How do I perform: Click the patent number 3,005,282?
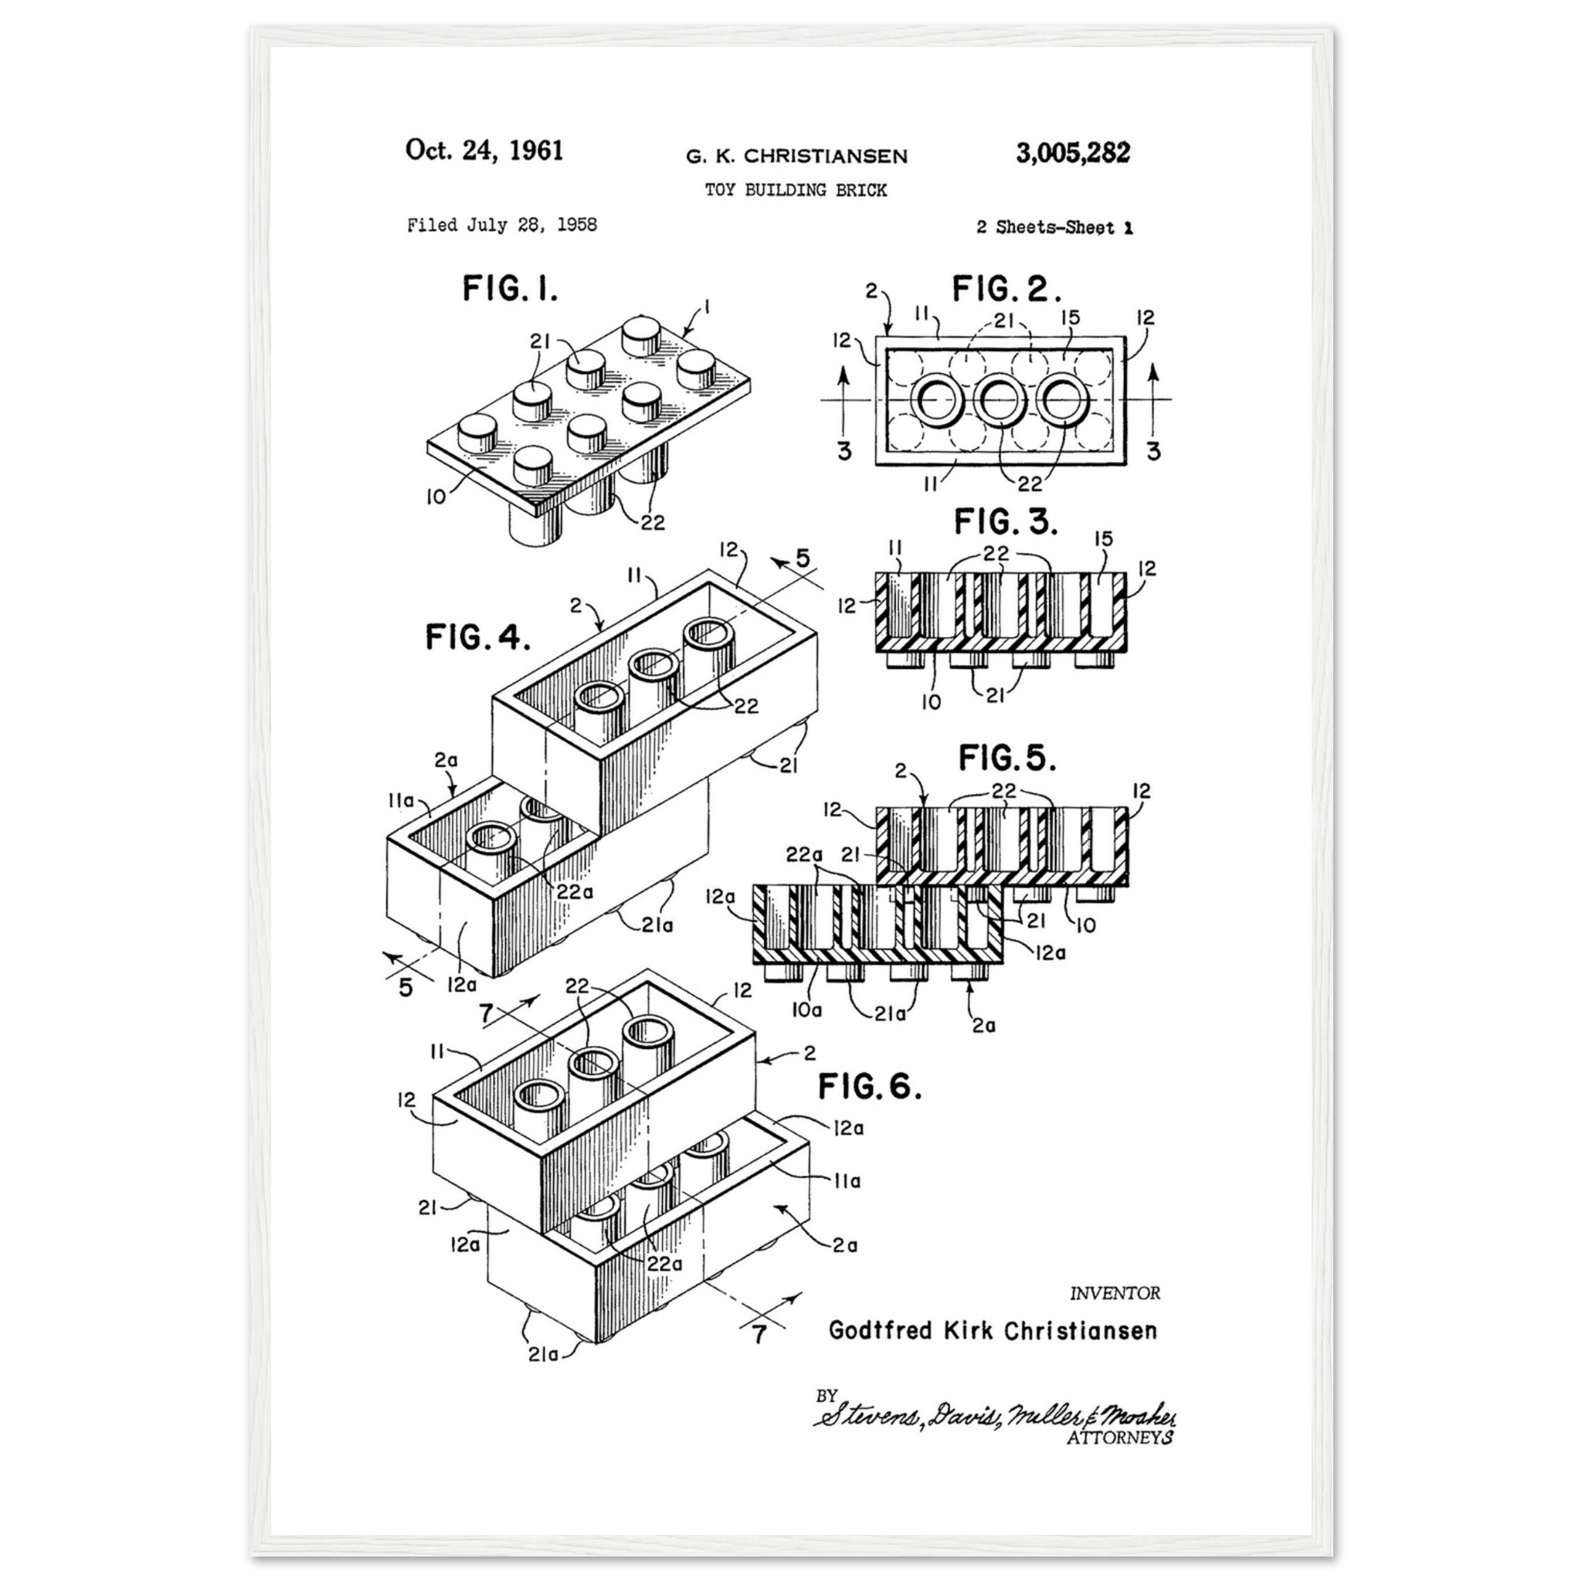1073,153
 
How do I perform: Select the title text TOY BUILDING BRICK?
796,190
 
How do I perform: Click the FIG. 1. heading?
510,288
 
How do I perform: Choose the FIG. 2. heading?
1007,288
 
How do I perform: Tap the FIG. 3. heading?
1006,521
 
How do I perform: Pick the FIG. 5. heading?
1007,759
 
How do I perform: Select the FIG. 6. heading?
870,1087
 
